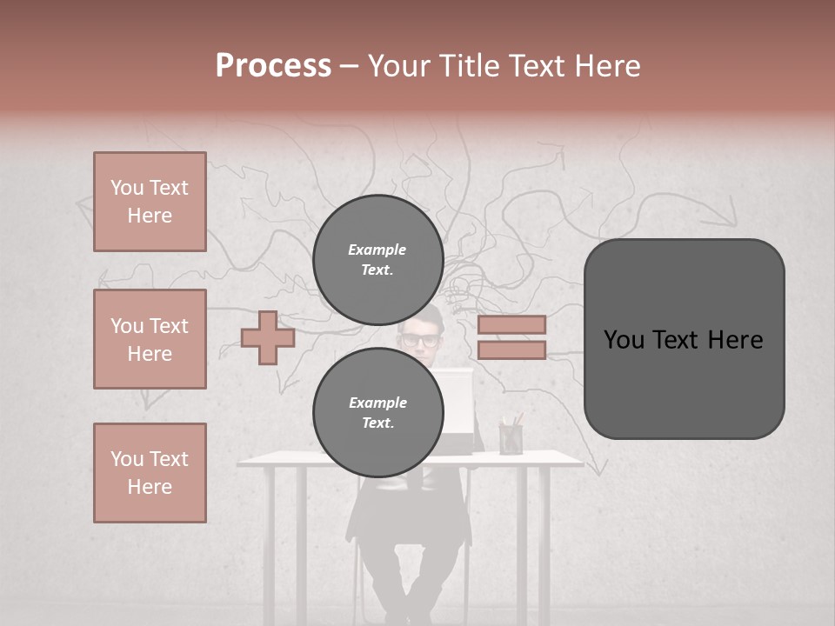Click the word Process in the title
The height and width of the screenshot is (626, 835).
(x=273, y=66)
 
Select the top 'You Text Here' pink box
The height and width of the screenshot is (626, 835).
(x=150, y=202)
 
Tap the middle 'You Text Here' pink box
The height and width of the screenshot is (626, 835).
(x=150, y=339)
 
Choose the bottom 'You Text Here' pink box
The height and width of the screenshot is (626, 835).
(x=150, y=473)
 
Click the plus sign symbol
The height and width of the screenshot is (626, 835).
(x=268, y=337)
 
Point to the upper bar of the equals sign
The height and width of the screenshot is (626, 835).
(x=511, y=325)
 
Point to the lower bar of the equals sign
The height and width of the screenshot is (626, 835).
(x=511, y=350)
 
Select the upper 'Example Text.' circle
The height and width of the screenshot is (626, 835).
(x=377, y=260)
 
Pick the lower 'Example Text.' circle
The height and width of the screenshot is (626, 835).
(x=377, y=413)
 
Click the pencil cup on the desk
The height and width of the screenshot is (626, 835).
(x=511, y=437)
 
